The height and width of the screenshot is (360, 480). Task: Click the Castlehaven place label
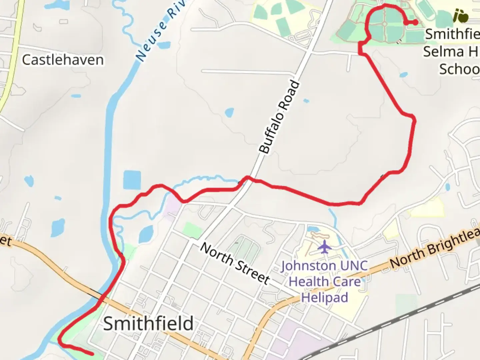click(63, 60)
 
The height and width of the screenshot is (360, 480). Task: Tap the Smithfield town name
click(148, 323)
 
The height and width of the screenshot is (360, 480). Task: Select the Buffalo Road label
click(279, 117)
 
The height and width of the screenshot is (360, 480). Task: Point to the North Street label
click(235, 263)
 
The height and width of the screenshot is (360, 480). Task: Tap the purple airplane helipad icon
click(324, 247)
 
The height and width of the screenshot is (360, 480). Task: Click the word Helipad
click(324, 297)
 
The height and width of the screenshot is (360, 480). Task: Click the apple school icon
click(461, 16)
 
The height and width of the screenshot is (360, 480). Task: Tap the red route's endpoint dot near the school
click(416, 22)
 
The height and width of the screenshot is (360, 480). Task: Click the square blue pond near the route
click(132, 180)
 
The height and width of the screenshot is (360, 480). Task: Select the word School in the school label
click(459, 69)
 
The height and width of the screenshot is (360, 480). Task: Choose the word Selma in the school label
click(444, 52)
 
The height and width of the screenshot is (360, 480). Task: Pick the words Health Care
click(324, 282)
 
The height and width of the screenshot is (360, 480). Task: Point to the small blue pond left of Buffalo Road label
click(229, 113)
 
